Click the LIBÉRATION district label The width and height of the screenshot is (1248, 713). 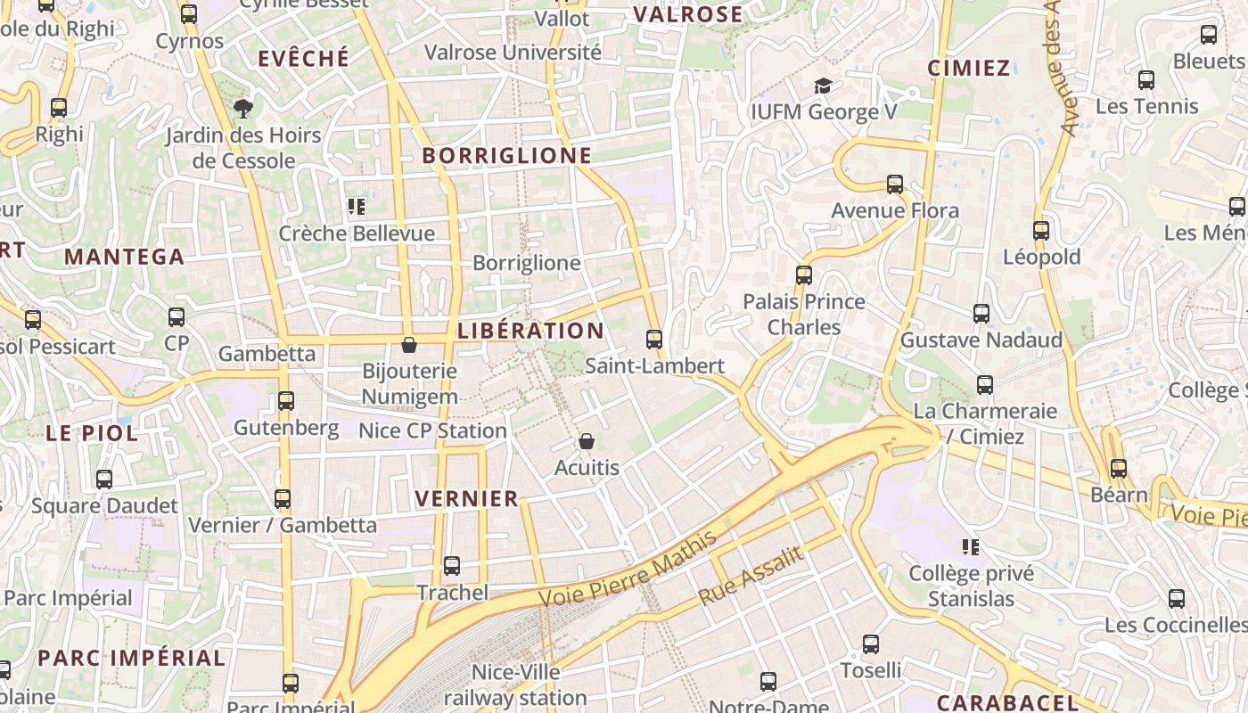(x=530, y=331)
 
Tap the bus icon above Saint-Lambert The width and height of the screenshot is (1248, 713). (x=654, y=339)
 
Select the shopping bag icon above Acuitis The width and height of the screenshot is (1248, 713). (x=587, y=441)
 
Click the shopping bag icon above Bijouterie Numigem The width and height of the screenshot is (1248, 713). (x=409, y=344)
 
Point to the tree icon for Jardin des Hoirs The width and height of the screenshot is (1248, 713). (x=242, y=109)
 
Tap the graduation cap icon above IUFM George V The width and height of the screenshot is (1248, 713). (x=823, y=86)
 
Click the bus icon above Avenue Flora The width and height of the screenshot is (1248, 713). (x=895, y=184)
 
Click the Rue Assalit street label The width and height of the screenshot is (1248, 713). (x=751, y=576)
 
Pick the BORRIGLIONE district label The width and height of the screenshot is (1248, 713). (x=506, y=156)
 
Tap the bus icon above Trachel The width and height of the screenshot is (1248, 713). (x=452, y=565)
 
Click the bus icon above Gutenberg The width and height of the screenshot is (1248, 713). (x=286, y=400)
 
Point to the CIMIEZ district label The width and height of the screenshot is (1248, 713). (x=969, y=69)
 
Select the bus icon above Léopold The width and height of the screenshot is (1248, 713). (x=1041, y=230)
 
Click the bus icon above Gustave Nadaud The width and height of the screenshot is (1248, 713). (x=981, y=314)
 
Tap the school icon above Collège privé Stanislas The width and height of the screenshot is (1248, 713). (x=971, y=546)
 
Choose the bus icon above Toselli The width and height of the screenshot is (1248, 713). (x=871, y=643)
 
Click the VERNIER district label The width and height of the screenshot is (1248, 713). (x=467, y=499)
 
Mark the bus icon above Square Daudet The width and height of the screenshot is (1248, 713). (x=104, y=479)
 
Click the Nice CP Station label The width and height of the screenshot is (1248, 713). (x=432, y=431)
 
